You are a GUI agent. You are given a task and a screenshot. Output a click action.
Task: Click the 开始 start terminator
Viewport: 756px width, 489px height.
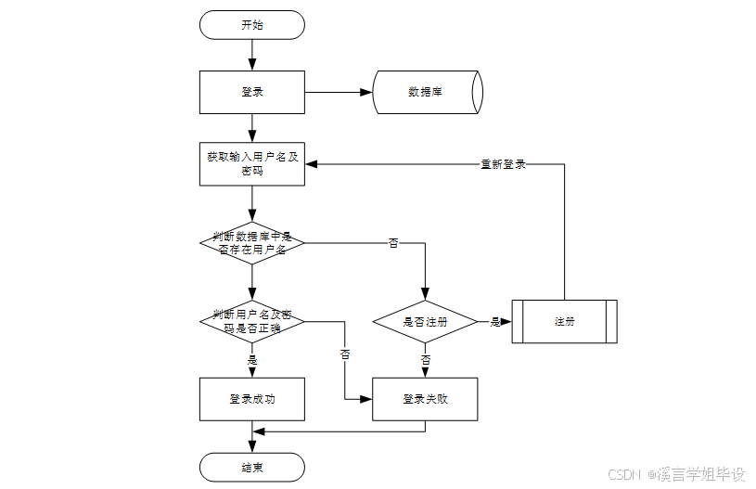pos(251,25)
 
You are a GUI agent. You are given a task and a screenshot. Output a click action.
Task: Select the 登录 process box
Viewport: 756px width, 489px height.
pos(251,92)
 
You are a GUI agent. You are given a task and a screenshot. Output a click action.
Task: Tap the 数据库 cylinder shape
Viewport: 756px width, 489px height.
pos(426,92)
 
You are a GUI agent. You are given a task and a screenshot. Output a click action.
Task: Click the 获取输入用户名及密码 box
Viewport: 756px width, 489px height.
pos(251,164)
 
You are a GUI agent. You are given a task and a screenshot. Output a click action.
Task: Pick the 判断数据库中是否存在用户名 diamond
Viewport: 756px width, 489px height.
pos(251,243)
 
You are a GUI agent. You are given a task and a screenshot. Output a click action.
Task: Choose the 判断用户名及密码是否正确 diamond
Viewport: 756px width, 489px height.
pos(251,321)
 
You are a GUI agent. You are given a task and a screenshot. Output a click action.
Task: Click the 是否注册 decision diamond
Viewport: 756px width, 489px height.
pos(425,322)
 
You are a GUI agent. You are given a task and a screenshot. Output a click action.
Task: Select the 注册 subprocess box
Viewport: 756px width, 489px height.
pos(564,322)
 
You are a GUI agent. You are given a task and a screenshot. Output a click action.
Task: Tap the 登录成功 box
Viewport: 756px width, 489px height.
pos(251,399)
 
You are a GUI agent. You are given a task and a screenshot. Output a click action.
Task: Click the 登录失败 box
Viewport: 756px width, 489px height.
pos(425,399)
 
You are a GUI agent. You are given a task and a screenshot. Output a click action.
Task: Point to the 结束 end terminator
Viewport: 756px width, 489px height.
pos(251,468)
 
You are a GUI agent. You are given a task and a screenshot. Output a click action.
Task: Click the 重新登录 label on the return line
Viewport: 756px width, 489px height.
pos(503,164)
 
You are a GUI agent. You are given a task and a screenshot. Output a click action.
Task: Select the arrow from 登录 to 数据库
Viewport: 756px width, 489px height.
pos(339,92)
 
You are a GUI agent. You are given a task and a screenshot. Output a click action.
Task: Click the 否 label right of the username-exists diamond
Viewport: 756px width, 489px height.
pos(393,243)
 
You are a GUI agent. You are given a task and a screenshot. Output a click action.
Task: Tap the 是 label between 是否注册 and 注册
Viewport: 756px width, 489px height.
pos(494,322)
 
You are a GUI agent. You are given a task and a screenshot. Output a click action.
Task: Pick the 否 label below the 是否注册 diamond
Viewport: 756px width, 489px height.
pos(425,359)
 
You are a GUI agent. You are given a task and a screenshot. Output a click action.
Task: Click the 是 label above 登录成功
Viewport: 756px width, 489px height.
pos(251,359)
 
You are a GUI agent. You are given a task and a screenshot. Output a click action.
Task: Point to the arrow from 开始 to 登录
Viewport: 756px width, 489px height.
pos(251,55)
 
